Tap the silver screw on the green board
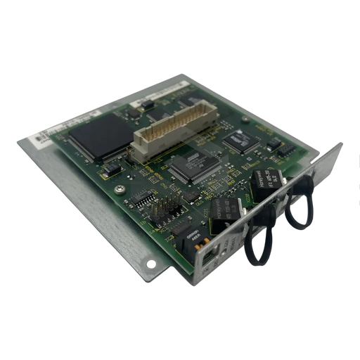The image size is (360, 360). (x=122, y=189)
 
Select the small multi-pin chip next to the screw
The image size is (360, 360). (x=144, y=202)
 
